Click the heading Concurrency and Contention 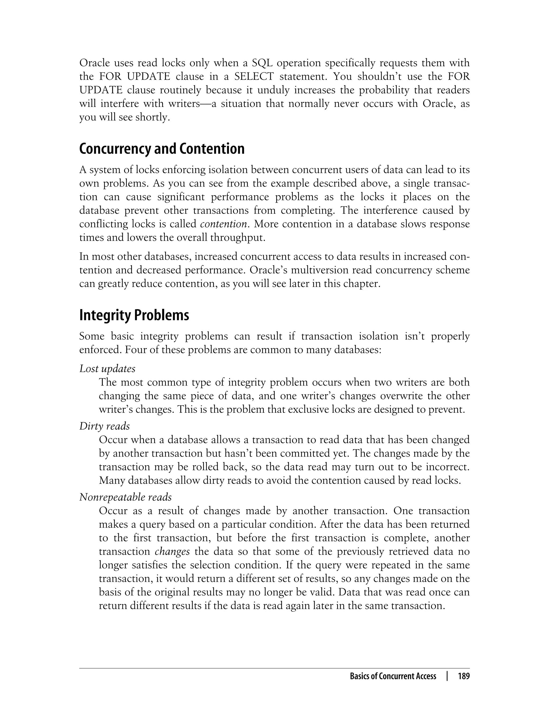[162, 149]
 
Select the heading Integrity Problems [134, 315]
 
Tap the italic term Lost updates [107, 369]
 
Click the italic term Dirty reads [104, 426]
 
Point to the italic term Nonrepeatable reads [125, 497]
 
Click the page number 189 [463, 676]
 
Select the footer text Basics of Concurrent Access [393, 676]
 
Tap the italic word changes [172, 551]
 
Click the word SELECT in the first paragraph [254, 76]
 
